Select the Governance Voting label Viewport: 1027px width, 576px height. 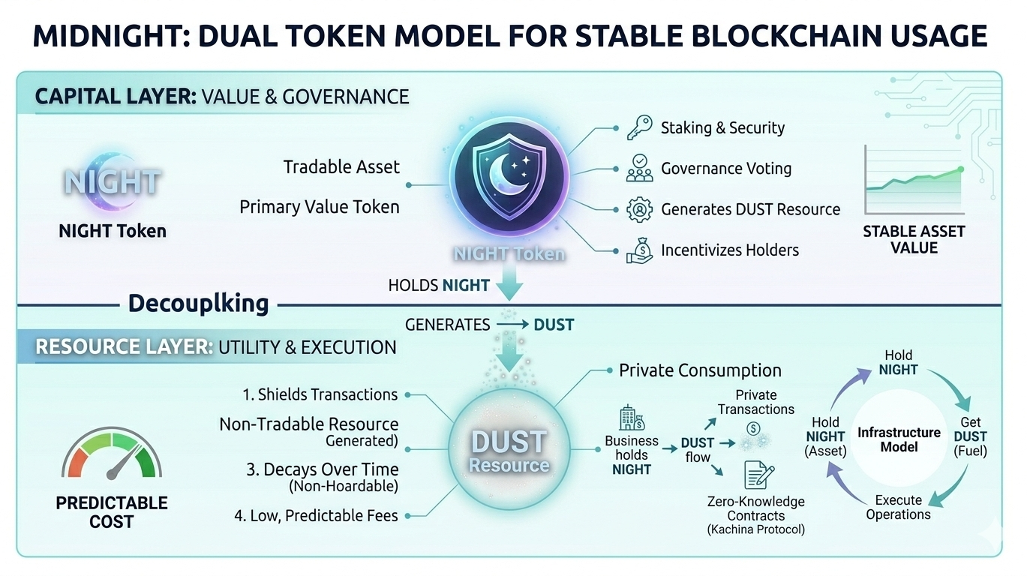(x=725, y=168)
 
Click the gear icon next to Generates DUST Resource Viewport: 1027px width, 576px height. (x=638, y=209)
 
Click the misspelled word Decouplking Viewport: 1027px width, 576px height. (x=198, y=303)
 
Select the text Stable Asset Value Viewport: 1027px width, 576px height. (x=914, y=239)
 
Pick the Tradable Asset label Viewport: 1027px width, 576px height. (x=341, y=166)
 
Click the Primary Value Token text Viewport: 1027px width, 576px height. (x=320, y=206)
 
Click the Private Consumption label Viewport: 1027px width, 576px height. (x=700, y=370)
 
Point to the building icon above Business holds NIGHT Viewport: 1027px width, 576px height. (x=631, y=418)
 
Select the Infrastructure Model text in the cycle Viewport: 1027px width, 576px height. (x=898, y=439)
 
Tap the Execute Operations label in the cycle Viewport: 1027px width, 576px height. (x=898, y=507)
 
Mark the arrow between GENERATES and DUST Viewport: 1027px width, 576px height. (x=512, y=325)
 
